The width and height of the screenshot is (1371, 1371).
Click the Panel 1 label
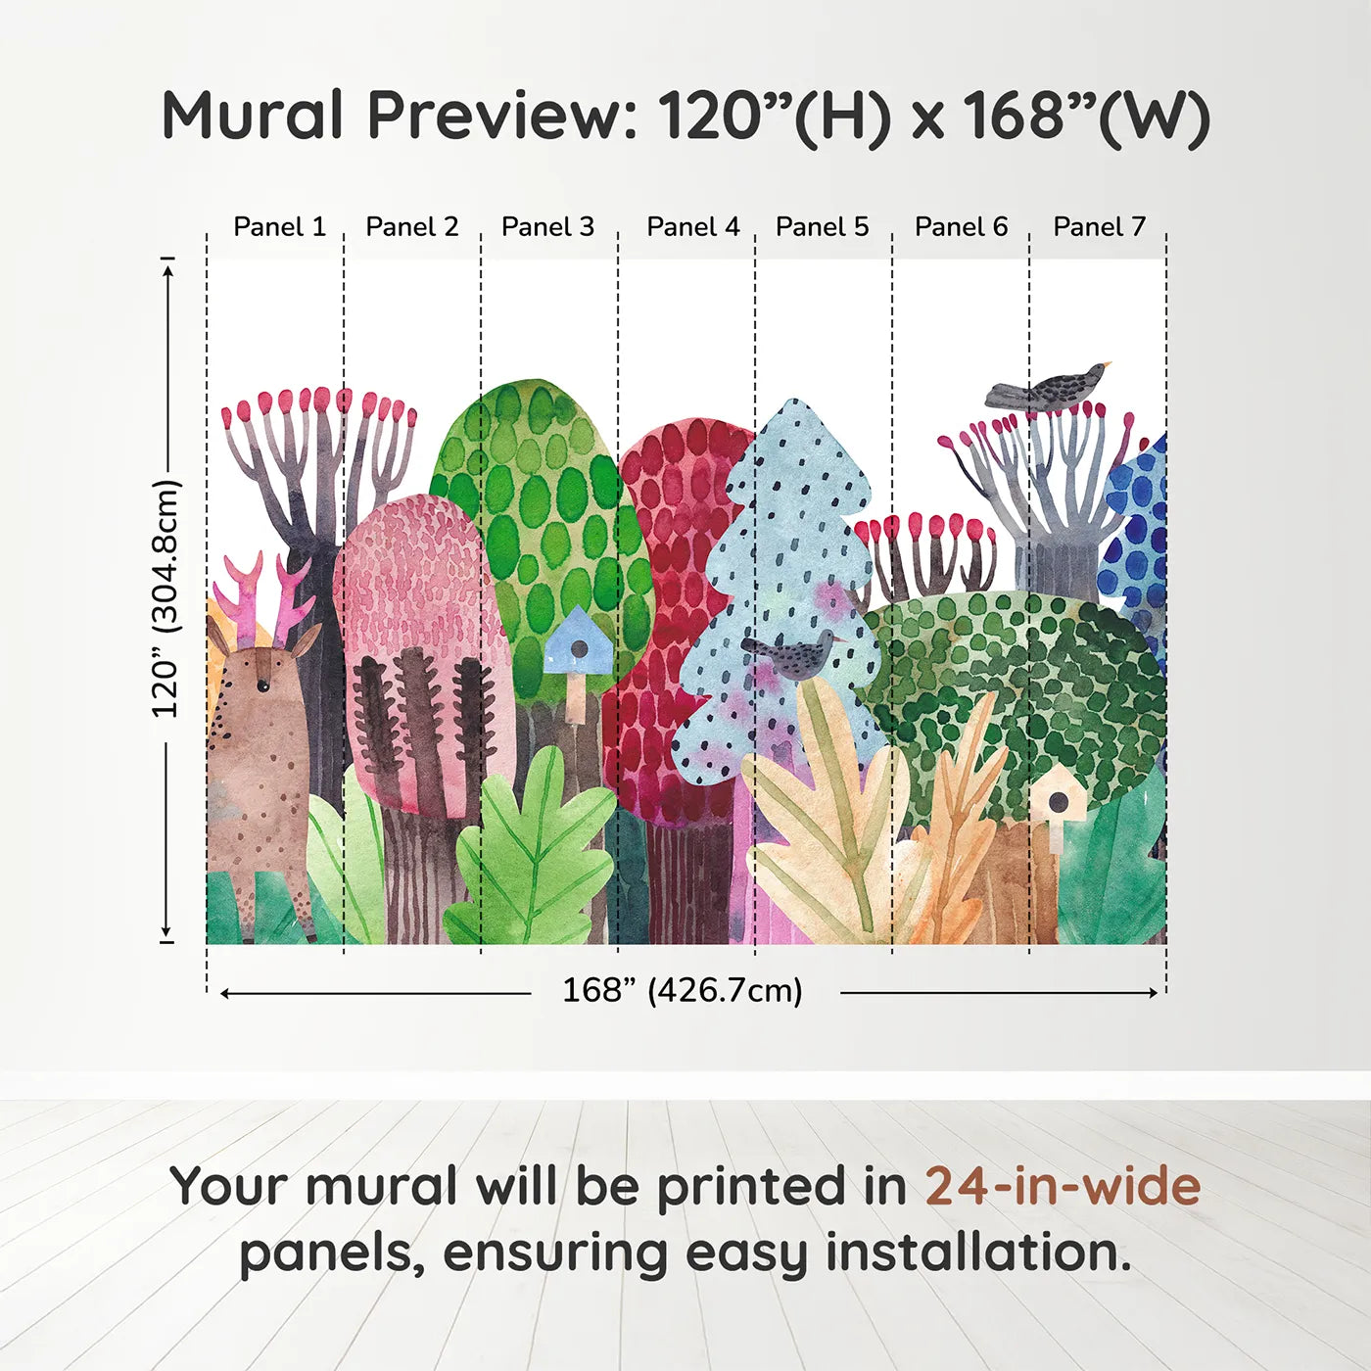279,227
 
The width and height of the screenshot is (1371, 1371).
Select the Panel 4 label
693,227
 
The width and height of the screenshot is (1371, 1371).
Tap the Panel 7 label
1099,227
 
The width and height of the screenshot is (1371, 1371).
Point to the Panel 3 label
547,227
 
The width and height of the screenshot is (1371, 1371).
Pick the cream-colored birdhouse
1057,799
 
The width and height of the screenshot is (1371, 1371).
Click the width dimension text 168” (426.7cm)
682,991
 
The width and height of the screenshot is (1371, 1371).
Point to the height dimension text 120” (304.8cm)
166,599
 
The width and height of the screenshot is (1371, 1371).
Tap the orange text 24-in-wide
1063,1186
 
